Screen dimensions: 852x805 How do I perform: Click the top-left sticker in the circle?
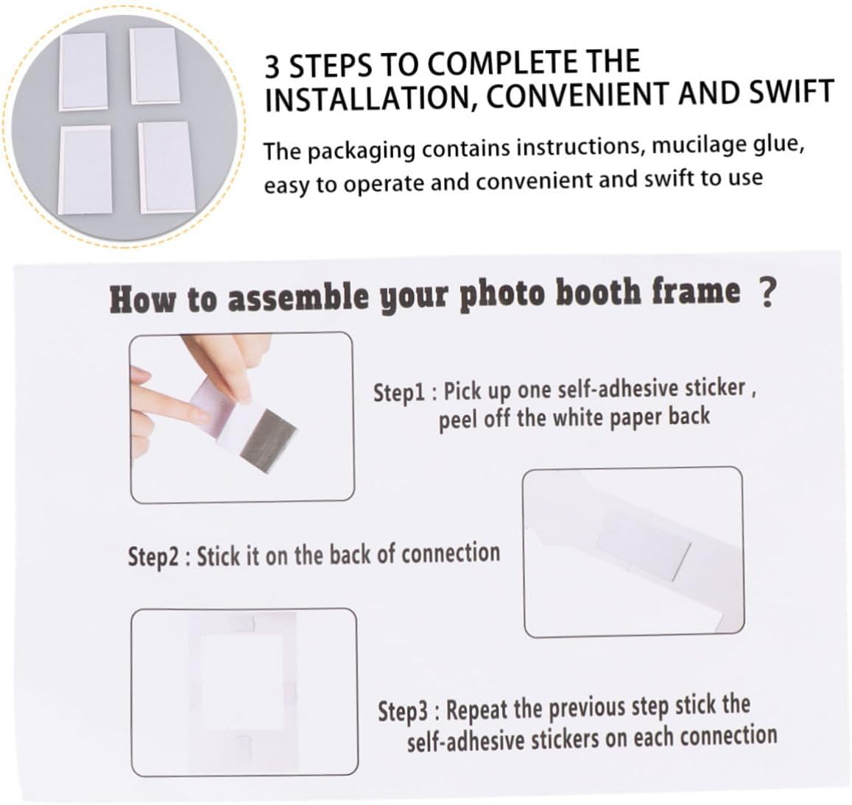(x=83, y=71)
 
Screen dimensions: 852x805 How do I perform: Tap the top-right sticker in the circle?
(x=154, y=65)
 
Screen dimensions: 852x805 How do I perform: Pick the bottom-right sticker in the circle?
(x=166, y=167)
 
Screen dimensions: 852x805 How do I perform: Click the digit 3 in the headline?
(x=272, y=67)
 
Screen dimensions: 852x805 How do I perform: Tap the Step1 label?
(x=401, y=392)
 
